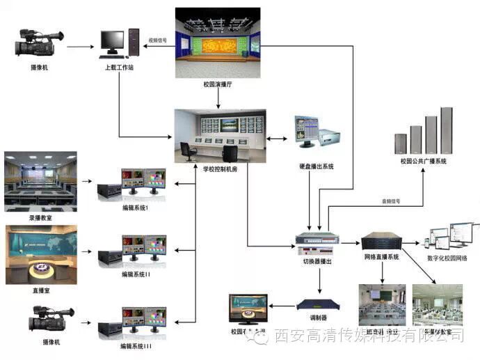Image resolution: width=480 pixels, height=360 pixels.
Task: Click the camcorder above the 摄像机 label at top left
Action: coord(39,45)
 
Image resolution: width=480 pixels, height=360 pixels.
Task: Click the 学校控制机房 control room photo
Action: coord(220,136)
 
